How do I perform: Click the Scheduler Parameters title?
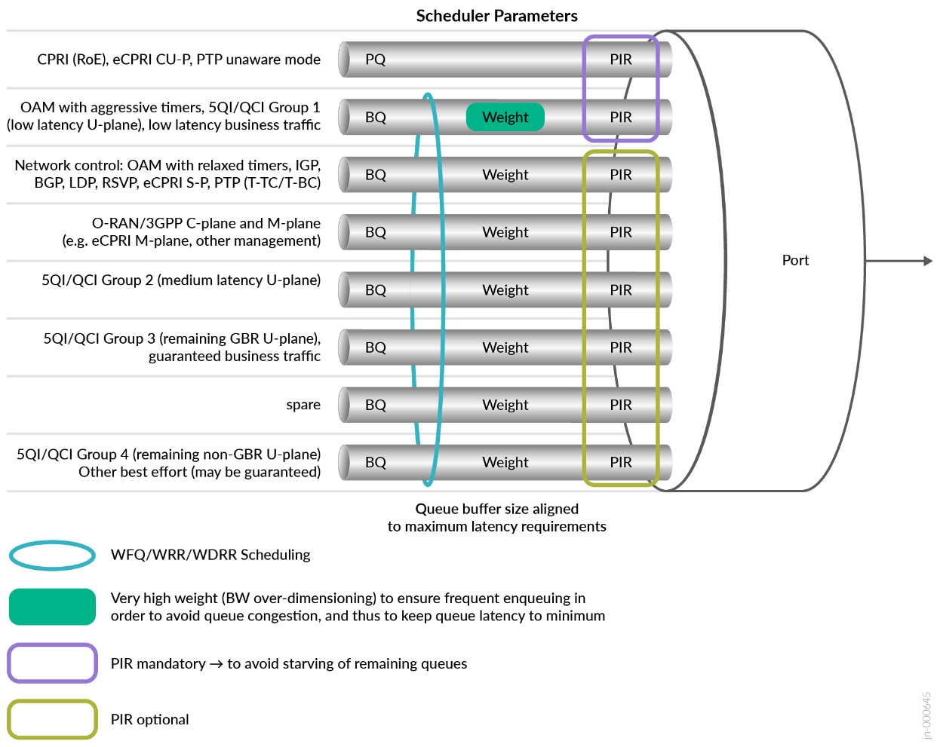point(496,16)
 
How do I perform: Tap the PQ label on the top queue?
point(375,60)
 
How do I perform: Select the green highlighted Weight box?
point(505,117)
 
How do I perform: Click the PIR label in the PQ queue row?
point(620,60)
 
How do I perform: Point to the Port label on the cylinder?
point(795,260)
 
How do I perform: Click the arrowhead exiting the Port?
point(928,261)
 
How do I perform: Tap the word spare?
point(303,405)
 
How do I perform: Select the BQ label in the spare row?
point(375,405)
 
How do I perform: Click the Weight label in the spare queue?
point(505,405)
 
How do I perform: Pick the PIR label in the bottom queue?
point(620,462)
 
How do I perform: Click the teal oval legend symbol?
point(52,556)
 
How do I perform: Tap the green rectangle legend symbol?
point(52,607)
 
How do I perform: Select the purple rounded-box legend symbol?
point(52,663)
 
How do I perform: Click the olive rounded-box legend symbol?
point(52,719)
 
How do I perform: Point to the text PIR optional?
point(149,719)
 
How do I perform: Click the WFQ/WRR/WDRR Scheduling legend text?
point(210,555)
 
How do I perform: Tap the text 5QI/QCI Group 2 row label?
point(181,280)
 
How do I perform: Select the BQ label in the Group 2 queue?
point(375,290)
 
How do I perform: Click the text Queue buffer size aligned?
point(496,509)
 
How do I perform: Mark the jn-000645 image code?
point(926,715)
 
